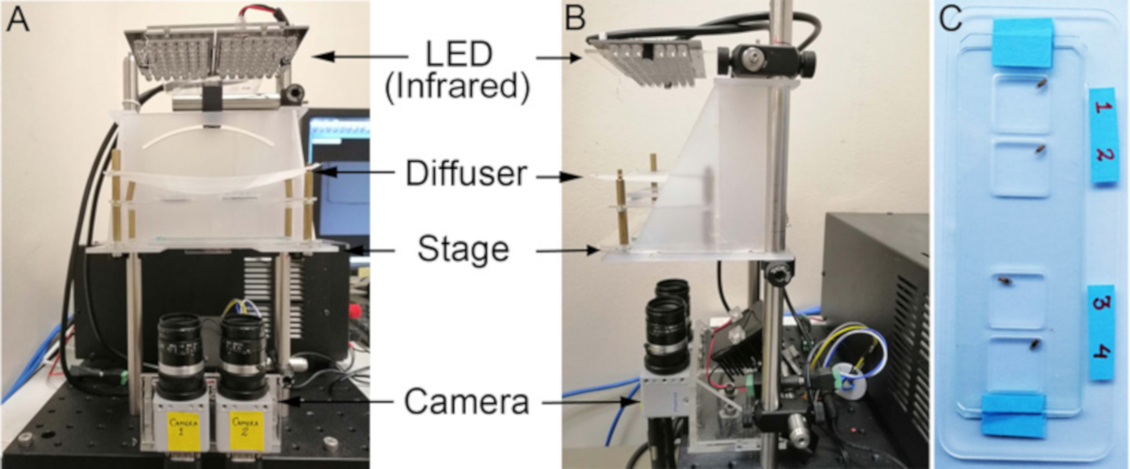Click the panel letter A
(16, 18)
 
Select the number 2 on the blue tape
(1103, 155)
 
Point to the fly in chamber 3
(1009, 280)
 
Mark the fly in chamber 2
(1041, 148)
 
